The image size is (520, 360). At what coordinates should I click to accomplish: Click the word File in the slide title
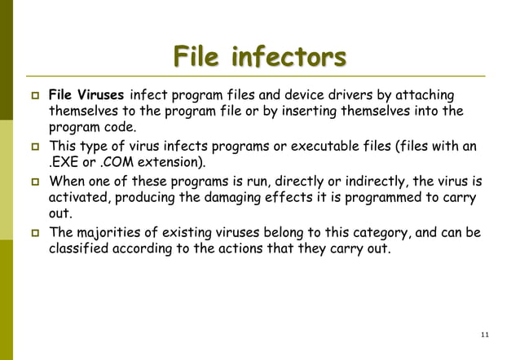point(197,59)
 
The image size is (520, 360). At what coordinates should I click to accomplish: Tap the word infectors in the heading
point(289,59)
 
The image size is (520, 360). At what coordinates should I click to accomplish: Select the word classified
point(80,249)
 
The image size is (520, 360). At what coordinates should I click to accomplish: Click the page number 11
point(486,335)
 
